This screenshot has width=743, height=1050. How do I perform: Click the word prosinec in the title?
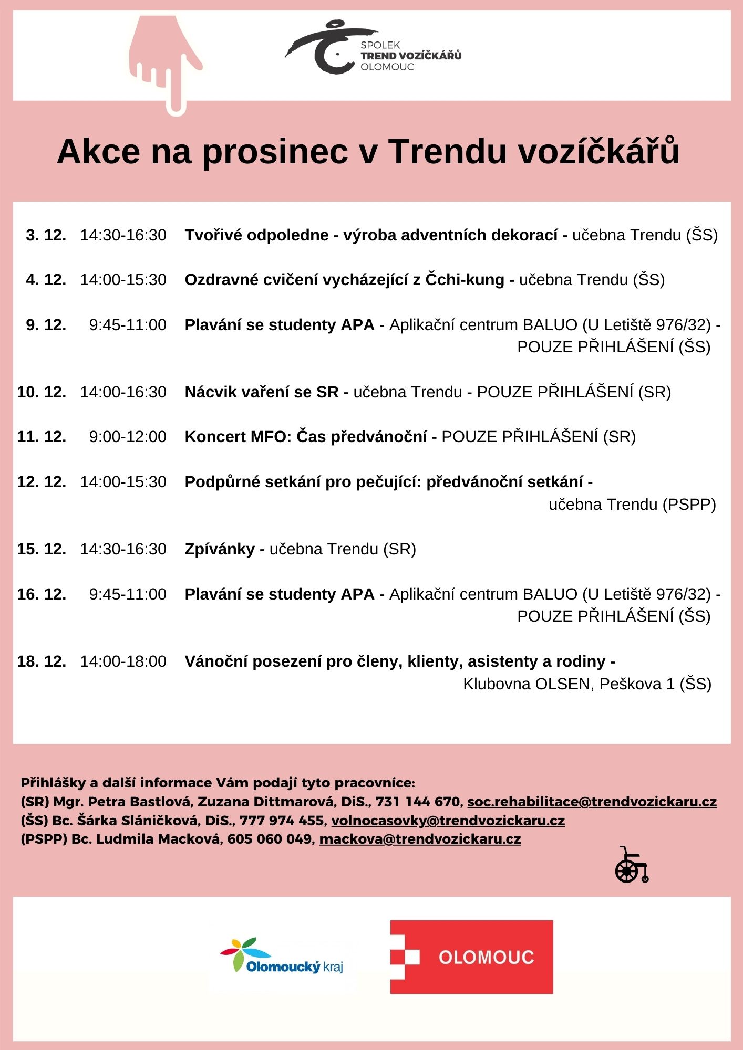coord(275,152)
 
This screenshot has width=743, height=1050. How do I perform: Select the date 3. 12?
coord(46,235)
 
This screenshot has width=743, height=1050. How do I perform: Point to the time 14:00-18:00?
coord(123,661)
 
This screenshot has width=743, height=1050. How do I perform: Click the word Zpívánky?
coord(220,549)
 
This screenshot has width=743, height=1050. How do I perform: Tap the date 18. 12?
coord(42,661)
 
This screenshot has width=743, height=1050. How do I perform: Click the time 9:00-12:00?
coord(128,437)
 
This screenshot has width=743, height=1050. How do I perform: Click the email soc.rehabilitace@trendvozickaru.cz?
coord(592,802)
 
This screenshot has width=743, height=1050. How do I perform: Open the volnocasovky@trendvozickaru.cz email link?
coord(448,821)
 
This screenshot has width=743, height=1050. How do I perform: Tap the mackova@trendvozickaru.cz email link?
coord(420,839)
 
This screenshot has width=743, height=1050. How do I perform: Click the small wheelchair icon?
coord(631,865)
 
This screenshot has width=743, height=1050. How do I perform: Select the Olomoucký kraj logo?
coord(282,957)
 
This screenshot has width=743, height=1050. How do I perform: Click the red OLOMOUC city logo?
coord(471,957)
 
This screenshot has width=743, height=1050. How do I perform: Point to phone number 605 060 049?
coord(270,839)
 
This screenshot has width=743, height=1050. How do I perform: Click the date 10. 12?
coord(42,392)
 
